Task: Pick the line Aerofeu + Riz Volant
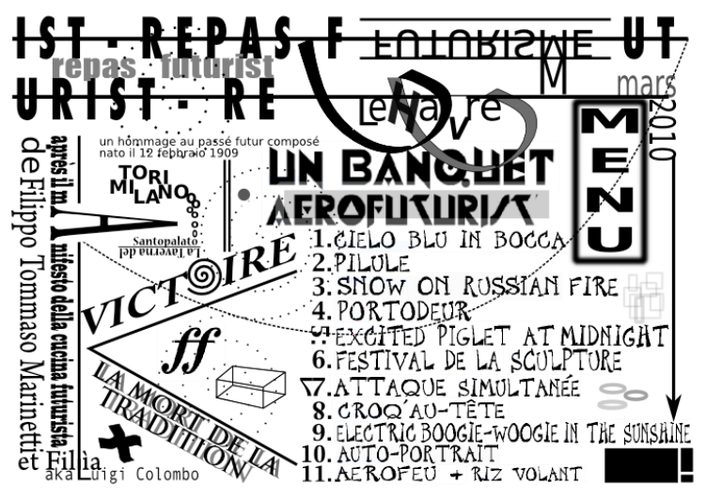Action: tap(451, 475)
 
